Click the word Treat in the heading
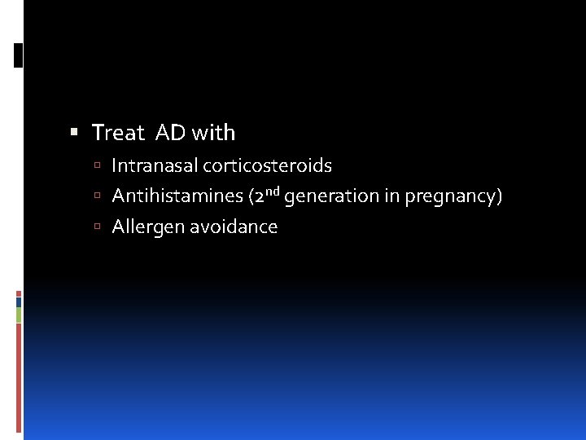click(x=117, y=132)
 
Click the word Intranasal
click(x=154, y=166)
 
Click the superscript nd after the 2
click(x=272, y=191)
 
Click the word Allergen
click(x=147, y=227)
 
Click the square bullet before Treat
click(x=74, y=132)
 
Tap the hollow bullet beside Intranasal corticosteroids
click(x=96, y=166)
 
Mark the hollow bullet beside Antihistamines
click(x=96, y=196)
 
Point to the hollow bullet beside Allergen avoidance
click(x=96, y=227)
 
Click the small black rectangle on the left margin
click(x=19, y=55)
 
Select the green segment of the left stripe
click(x=19, y=315)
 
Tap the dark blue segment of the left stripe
click(x=19, y=301)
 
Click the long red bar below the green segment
click(x=19, y=375)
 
